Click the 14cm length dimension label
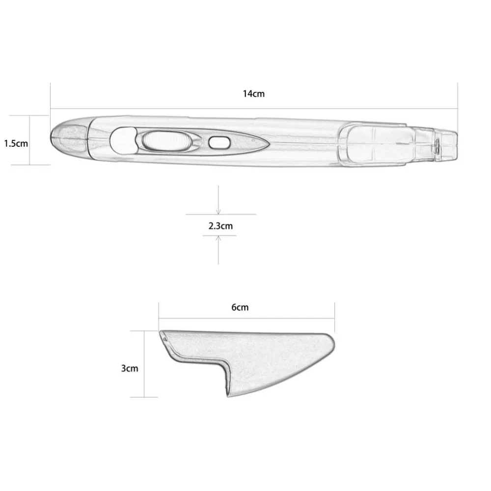pyautogui.click(x=253, y=93)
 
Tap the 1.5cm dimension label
pyautogui.click(x=15, y=144)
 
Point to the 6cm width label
pyautogui.click(x=240, y=308)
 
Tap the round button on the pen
pyautogui.click(x=121, y=140)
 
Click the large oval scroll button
pyautogui.click(x=166, y=141)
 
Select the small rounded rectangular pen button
pyautogui.click(x=219, y=142)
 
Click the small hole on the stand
pyautogui.click(x=164, y=338)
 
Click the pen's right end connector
pyautogui.click(x=447, y=144)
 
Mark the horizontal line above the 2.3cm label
pyautogui.click(x=221, y=215)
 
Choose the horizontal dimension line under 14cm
pyautogui.click(x=253, y=109)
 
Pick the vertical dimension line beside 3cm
pyautogui.click(x=144, y=363)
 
